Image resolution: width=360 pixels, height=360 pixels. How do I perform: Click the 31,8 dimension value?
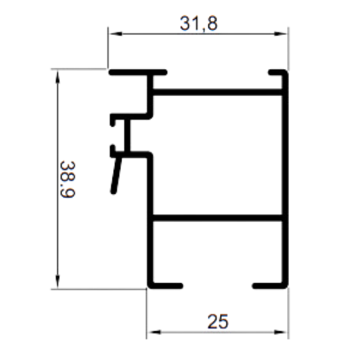tap(199, 24)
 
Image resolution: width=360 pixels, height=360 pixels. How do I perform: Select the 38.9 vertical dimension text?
tap(68, 179)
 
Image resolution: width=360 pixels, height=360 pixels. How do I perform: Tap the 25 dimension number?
tap(218, 322)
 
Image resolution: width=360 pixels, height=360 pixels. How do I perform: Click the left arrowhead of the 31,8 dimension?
tap(116, 34)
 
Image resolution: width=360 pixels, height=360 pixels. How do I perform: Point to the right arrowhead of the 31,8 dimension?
tap(281, 34)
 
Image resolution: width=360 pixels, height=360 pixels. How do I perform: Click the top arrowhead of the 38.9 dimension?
tap(58, 77)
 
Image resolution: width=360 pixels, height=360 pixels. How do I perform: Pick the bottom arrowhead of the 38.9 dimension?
tap(58, 281)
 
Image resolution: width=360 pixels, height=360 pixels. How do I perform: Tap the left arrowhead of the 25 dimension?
tap(154, 333)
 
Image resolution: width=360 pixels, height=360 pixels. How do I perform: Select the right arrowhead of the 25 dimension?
tap(281, 333)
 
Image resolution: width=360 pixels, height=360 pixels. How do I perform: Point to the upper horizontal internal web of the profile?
tap(217, 92)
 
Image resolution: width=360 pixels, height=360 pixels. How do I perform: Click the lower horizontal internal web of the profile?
tap(217, 218)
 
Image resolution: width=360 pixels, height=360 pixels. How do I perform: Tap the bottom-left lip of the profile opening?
tap(166, 286)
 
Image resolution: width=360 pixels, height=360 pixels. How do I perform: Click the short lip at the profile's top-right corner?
tap(277, 72)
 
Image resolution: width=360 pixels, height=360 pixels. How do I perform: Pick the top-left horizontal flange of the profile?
tap(137, 72)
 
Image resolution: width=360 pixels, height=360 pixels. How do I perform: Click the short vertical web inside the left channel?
tap(127, 136)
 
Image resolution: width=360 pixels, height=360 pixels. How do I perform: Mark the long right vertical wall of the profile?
tap(285, 179)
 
